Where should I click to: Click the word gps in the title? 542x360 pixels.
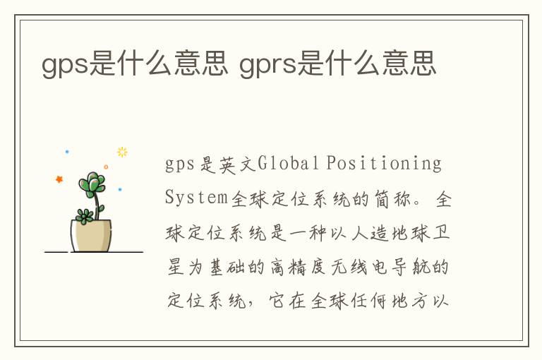pyautogui.click(x=65, y=65)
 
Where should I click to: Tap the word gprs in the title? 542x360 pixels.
pyautogui.click(x=268, y=65)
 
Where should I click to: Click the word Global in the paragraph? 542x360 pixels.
pyautogui.click(x=288, y=162)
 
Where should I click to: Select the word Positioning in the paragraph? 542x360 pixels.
pyautogui.click(x=384, y=164)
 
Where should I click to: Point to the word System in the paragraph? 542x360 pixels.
pyautogui.click(x=196, y=198)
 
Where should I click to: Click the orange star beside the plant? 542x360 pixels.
pyautogui.click(x=59, y=179)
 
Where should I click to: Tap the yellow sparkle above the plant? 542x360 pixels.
pyautogui.click(x=122, y=152)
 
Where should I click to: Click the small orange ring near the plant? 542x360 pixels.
pyautogui.click(x=106, y=167)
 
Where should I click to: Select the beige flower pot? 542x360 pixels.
pyautogui.click(x=91, y=236)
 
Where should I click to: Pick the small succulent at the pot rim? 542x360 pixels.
pyautogui.click(x=84, y=217)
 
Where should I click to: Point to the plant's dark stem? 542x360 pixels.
pyautogui.click(x=97, y=205)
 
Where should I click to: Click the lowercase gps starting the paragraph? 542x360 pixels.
pyautogui.click(x=180, y=164)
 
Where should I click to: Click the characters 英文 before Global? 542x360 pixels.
pyautogui.click(x=237, y=164)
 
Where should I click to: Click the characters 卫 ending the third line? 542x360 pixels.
pyautogui.click(x=441, y=232)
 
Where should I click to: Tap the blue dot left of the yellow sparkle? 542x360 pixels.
pyautogui.click(x=67, y=152)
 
